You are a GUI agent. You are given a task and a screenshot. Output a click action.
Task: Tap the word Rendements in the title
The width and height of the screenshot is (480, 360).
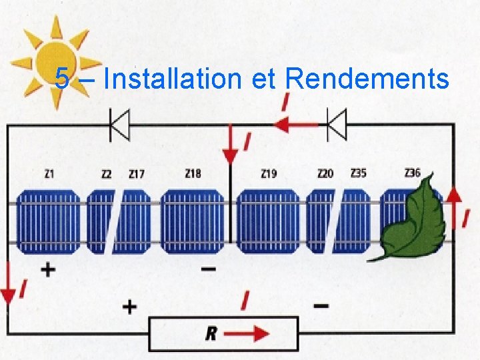coord(367,79)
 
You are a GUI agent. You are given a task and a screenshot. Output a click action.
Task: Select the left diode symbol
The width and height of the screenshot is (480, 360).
coord(119,124)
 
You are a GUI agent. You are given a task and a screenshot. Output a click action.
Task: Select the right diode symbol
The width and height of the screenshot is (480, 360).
coord(337,124)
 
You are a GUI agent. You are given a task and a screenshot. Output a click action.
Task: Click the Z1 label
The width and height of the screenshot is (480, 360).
coord(49,174)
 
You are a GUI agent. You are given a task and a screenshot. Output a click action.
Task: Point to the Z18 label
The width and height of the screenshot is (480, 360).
coord(193,174)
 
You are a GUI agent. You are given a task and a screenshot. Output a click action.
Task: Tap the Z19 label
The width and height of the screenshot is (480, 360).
coord(269,174)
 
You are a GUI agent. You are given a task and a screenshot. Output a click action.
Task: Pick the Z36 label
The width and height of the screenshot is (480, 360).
coord(413,173)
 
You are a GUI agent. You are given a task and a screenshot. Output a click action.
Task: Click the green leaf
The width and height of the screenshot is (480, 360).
coord(413,217)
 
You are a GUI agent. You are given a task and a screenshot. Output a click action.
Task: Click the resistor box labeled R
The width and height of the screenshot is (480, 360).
coord(223,333)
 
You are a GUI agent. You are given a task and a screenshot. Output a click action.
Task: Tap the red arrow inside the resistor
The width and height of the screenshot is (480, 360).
coord(252,333)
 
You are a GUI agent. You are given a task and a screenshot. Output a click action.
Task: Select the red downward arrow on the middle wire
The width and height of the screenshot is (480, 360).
coord(230,150)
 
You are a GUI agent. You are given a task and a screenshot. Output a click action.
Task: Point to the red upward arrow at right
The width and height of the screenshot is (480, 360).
coord(454,200)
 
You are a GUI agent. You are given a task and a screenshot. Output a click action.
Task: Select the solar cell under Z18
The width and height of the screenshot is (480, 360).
coord(193,221)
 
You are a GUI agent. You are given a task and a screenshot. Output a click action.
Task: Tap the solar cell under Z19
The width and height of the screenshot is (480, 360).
coord(269,221)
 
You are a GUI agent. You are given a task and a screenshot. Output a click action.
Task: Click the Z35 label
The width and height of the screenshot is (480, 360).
coord(358,174)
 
